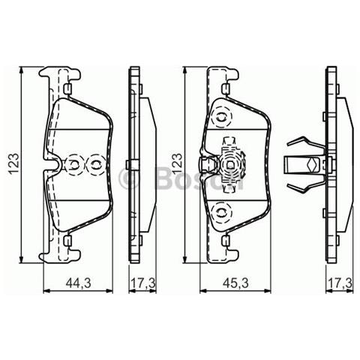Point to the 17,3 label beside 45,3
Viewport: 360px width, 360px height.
[340, 282]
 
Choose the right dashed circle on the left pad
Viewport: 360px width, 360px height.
[95, 163]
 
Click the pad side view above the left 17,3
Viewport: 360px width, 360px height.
[138, 164]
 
